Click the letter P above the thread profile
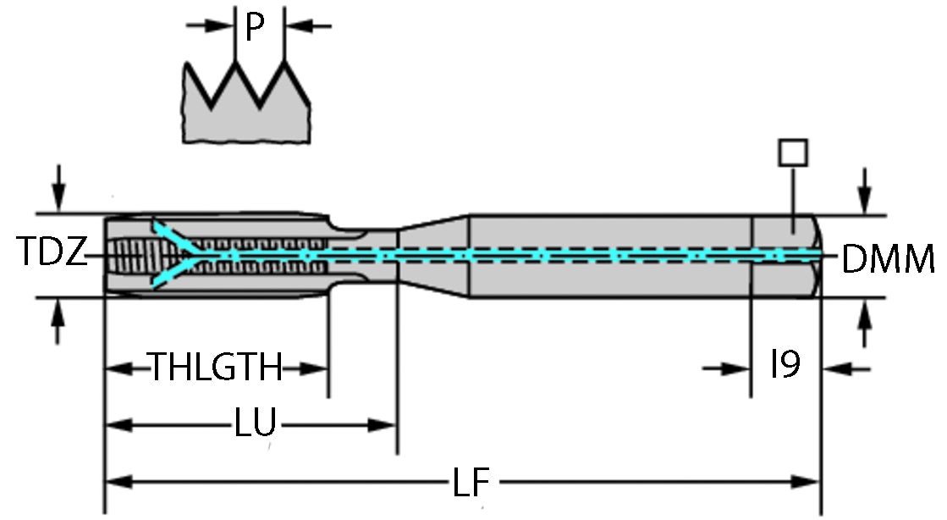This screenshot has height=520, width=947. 254,28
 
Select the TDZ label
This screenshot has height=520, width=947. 51,253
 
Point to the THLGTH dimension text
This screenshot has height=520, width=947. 216,368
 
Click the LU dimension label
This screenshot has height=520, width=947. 256,423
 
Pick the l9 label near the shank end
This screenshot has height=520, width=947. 785,366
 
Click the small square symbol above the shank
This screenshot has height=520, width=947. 792,153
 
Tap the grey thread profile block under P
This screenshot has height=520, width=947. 245,119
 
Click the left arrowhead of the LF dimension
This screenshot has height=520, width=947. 113,482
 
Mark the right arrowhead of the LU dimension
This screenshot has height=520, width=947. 388,423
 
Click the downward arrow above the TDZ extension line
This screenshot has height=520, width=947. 58,196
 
